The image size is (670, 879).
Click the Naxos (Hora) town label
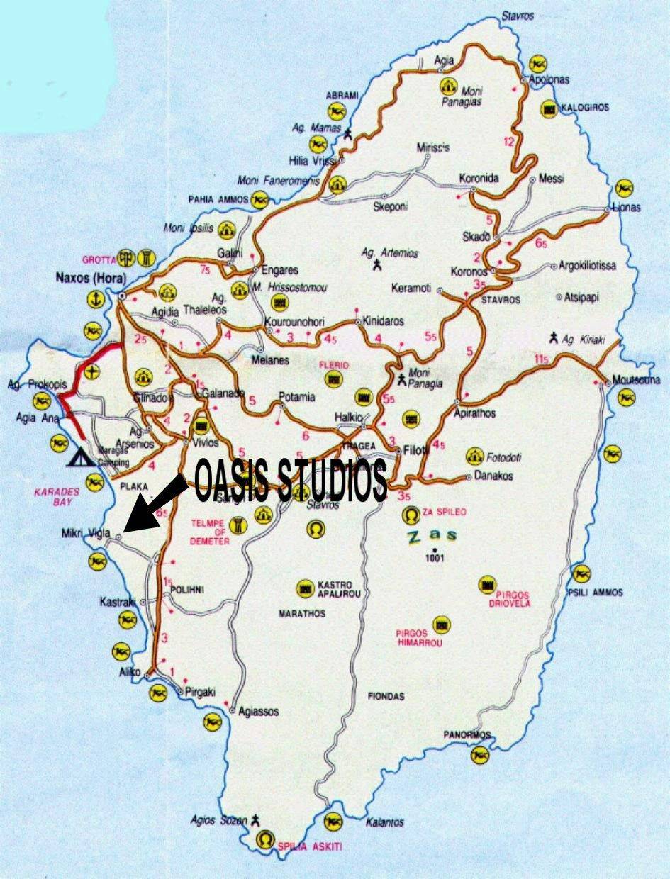point(86,278)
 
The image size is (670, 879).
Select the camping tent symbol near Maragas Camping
point(77,458)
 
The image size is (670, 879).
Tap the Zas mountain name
point(432,536)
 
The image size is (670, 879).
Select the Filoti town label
point(417,449)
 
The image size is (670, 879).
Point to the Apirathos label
point(475,413)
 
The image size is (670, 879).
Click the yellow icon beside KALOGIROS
point(548,109)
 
